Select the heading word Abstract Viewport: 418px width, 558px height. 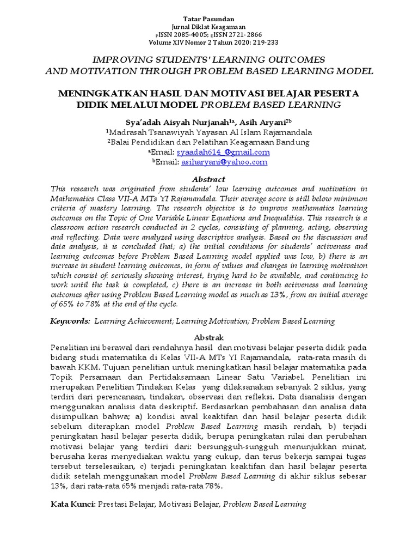click(x=209, y=179)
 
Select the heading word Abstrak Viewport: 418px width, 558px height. click(x=208, y=337)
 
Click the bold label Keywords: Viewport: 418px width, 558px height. click(x=71, y=322)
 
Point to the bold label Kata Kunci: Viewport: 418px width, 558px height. click(x=73, y=505)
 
